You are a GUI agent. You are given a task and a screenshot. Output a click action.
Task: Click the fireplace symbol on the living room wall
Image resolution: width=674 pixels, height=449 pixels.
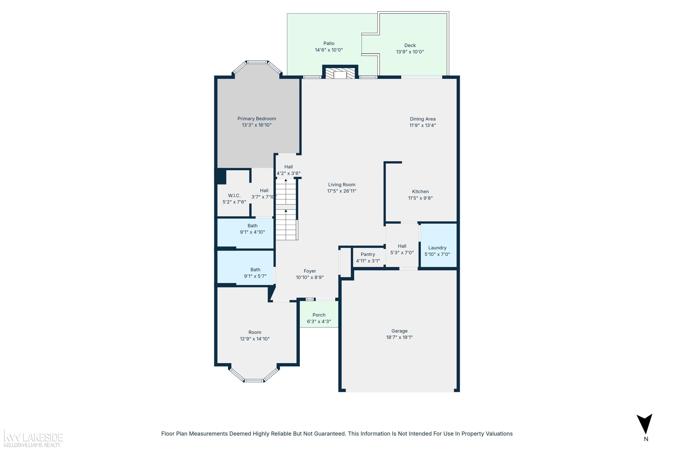(340, 73)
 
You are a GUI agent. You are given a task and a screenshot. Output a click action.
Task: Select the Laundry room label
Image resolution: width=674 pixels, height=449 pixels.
(437, 248)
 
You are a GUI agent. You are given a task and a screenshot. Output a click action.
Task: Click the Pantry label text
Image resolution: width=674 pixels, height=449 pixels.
(368, 254)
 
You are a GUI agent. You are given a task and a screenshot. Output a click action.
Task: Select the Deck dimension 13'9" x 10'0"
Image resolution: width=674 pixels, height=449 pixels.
(410, 52)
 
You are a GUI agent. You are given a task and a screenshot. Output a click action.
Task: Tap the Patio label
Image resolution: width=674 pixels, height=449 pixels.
(329, 43)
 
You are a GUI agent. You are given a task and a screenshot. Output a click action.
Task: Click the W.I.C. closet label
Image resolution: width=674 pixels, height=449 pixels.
(234, 196)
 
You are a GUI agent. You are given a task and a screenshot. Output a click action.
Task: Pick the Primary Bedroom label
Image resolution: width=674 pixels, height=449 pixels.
(256, 119)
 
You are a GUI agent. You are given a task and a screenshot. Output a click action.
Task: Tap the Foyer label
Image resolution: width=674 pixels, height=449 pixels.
(310, 271)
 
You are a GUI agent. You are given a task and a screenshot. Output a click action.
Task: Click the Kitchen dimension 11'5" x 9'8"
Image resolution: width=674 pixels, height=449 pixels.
(420, 198)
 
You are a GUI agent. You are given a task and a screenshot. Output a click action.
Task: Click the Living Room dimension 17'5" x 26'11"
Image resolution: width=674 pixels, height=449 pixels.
(342, 191)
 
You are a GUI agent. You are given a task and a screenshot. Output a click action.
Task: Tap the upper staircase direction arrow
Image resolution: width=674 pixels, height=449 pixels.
(286, 180)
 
